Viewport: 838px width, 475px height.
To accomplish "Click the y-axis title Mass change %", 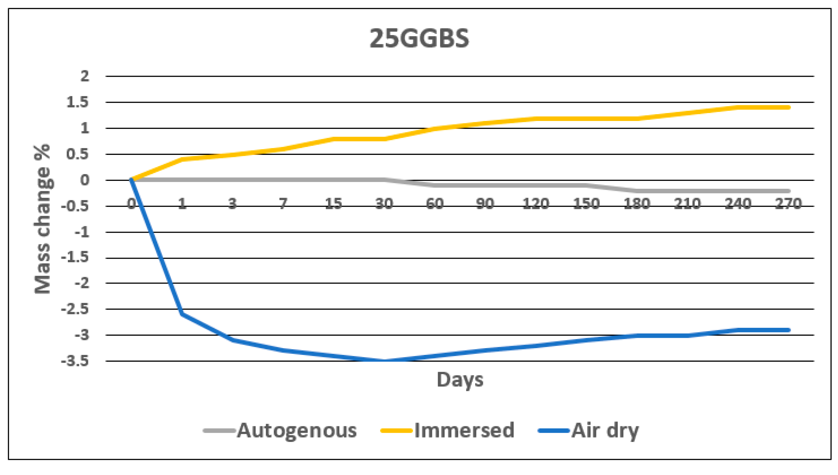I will tap(43, 219).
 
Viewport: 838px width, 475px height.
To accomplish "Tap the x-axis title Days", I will tap(460, 379).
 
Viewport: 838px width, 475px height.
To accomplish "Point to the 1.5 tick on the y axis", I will tap(78, 102).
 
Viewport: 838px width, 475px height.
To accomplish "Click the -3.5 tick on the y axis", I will tap(75, 361).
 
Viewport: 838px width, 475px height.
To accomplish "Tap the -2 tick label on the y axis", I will tap(82, 283).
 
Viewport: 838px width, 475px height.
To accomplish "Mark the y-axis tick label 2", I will tap(84, 76).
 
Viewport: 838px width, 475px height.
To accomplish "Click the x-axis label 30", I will tap(384, 204).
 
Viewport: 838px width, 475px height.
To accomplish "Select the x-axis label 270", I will tap(788, 204).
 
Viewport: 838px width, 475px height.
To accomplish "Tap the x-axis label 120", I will tap(536, 204).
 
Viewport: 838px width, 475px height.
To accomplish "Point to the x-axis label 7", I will tap(283, 204).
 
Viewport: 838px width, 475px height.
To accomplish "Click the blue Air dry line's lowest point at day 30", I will tap(384, 361).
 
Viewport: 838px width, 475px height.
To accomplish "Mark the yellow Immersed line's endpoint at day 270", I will tap(788, 107).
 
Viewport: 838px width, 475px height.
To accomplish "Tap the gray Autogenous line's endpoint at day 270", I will tap(788, 191).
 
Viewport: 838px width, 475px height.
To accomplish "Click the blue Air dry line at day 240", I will tap(738, 330).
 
